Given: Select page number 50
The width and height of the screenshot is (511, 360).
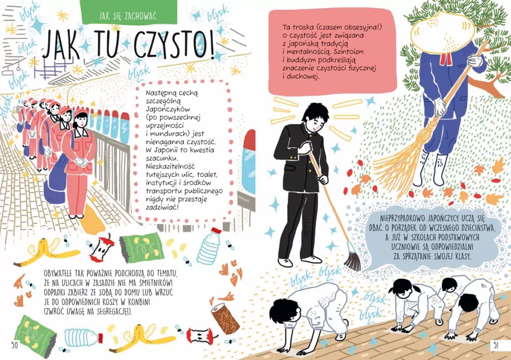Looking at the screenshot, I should tap(15, 345).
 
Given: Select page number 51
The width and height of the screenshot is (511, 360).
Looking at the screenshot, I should tap(496, 345).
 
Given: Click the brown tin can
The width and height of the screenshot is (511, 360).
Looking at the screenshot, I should tap(226, 318).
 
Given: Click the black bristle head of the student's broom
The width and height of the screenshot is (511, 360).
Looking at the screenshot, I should tap(352, 261).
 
